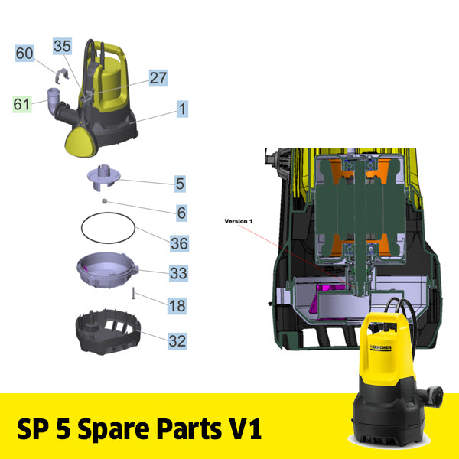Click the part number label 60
point(24,54)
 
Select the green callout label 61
point(22,104)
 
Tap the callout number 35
point(62,46)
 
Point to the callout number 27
point(158,78)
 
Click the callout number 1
point(182,109)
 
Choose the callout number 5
point(180,184)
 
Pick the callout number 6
point(181,213)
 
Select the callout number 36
point(180,243)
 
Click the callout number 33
point(178,273)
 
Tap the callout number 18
point(177,306)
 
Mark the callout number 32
point(177,341)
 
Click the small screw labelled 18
point(133,293)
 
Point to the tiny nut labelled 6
point(105,201)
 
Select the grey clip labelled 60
point(62,75)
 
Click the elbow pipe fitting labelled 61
point(54,101)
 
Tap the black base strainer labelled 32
point(109,332)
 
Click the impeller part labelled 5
point(104,177)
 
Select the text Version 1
point(239,221)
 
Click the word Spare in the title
point(114,429)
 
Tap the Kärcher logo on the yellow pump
point(381,348)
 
